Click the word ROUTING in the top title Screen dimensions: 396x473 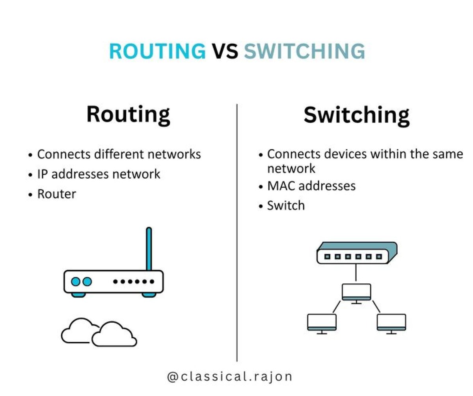[157, 52]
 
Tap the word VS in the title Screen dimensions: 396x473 [225, 52]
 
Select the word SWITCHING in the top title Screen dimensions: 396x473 [304, 52]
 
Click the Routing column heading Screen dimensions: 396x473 [128, 115]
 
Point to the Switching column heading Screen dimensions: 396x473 [356, 115]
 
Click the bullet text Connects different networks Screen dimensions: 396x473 [119, 154]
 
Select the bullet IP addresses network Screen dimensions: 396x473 [99, 174]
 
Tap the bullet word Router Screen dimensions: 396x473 [56, 194]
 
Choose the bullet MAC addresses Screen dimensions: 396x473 [311, 185]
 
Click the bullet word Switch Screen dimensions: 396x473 [286, 205]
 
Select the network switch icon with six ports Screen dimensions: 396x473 [356, 253]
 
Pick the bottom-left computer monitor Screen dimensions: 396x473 [322, 323]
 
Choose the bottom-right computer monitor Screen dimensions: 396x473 [391, 323]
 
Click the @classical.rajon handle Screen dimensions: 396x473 [230, 377]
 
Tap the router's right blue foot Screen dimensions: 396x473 [149, 295]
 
